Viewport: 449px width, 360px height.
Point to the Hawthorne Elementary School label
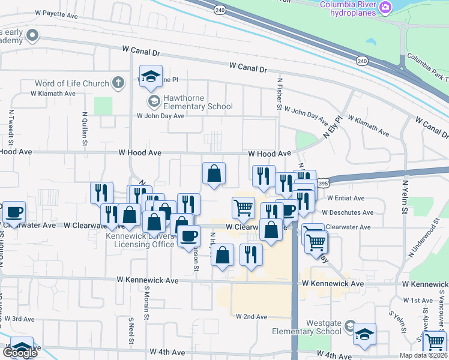[190, 103]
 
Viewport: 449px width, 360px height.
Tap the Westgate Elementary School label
[307, 327]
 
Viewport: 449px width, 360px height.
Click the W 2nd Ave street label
[252, 316]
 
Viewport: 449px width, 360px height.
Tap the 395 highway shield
[323, 183]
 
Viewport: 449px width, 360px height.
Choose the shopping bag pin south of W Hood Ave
[214, 174]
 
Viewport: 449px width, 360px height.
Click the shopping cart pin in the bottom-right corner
[435, 342]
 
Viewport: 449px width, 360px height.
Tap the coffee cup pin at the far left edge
[13, 212]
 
